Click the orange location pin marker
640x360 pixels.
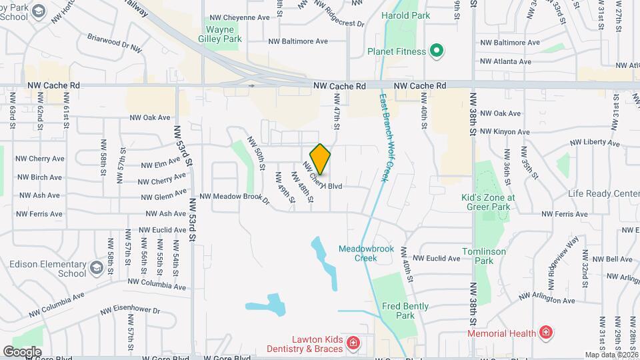[x=320, y=159]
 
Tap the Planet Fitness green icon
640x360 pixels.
[x=437, y=51]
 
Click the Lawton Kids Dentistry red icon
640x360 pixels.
[x=353, y=344]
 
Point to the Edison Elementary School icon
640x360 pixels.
[x=96, y=268]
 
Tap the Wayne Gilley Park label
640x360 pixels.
[x=223, y=34]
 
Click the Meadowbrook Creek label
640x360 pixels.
[x=366, y=253]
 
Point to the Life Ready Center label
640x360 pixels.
[x=603, y=193]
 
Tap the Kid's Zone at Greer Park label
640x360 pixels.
[x=489, y=202]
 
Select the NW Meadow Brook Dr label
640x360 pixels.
[x=234, y=197]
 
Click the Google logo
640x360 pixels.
[x=22, y=351]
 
